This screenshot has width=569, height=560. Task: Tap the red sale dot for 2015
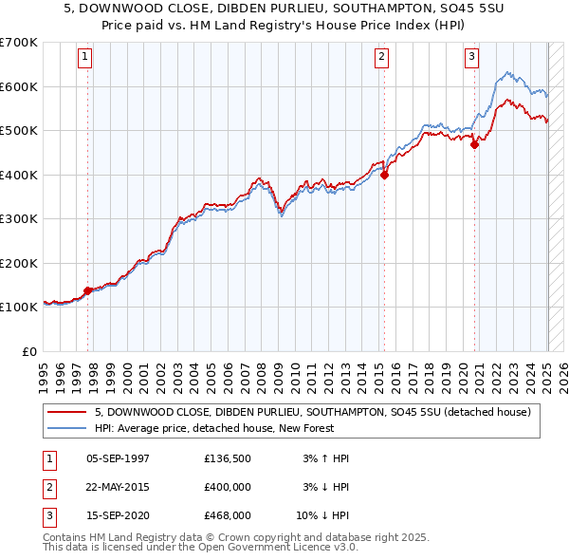385,175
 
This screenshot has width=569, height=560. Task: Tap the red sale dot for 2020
475,144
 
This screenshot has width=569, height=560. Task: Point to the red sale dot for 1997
88,290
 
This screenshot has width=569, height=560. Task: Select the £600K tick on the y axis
20,86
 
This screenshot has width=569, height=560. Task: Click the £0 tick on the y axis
29,351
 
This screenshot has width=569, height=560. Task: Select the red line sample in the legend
66,412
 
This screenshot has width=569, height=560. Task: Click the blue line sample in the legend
66,428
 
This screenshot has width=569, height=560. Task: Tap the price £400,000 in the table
228,487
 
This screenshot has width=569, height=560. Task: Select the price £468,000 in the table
228,515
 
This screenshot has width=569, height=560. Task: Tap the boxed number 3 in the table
47,515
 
